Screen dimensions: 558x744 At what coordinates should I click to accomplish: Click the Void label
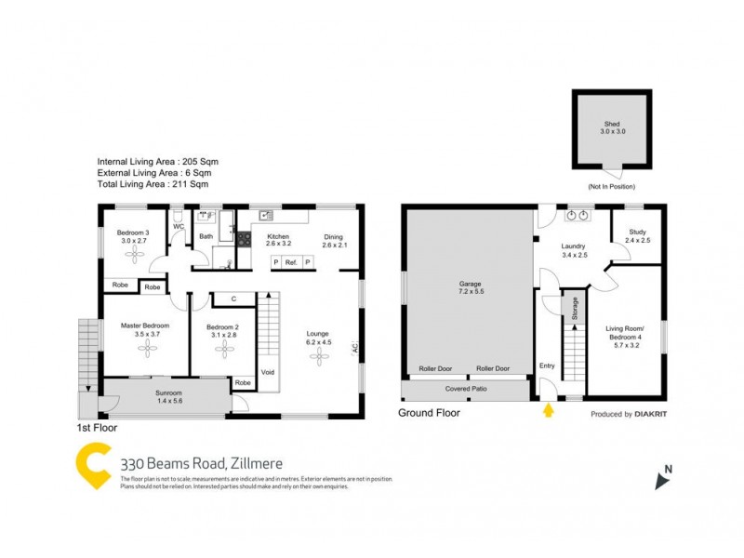coord(268,372)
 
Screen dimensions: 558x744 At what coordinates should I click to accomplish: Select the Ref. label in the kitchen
coord(291,262)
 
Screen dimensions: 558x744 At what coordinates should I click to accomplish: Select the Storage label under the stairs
coord(575,307)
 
